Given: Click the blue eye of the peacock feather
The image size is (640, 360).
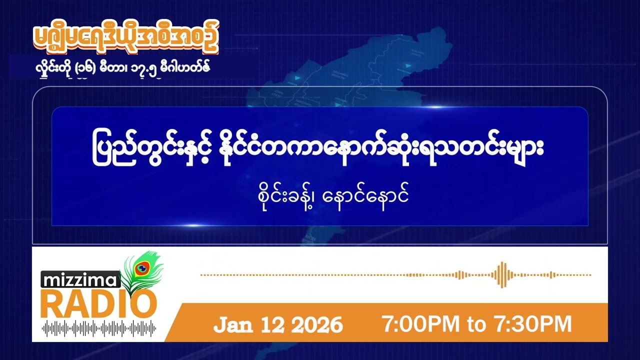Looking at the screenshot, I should (142, 269).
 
